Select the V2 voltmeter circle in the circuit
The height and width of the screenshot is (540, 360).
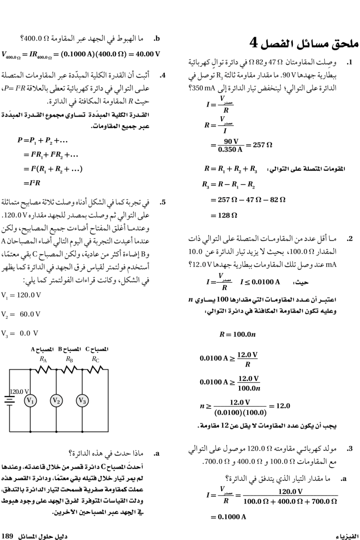56,400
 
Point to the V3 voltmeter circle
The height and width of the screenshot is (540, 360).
82,400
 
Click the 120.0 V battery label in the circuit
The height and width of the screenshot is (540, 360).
19,391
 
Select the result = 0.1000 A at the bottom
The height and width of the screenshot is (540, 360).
228,516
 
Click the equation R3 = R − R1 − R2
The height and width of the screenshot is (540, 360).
227,185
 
